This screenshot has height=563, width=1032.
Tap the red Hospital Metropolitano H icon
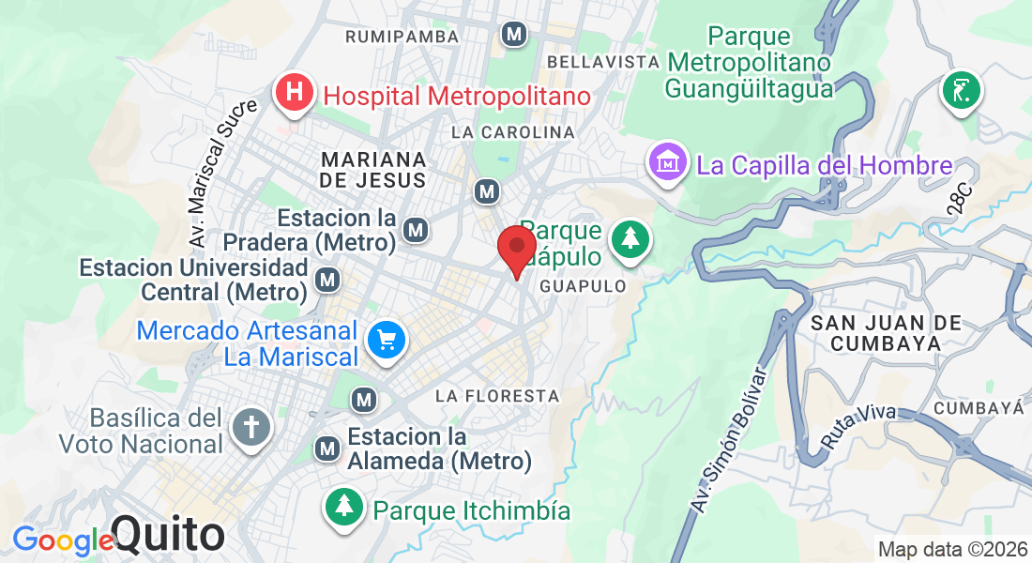tap(295, 95)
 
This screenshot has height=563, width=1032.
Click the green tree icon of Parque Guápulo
tap(630, 240)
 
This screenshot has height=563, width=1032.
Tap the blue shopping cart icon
tap(386, 342)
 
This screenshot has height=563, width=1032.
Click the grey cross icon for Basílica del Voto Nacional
tap(250, 428)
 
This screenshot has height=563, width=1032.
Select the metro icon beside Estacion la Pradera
tap(416, 230)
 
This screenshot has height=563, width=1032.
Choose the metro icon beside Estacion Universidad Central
tap(327, 280)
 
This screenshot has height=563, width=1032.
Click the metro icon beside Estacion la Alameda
tap(327, 449)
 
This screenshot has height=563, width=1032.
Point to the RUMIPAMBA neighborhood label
tap(402, 37)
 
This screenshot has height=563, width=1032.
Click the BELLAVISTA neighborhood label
tap(603, 61)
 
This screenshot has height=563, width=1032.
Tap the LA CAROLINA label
tap(512, 132)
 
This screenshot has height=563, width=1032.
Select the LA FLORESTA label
tap(497, 396)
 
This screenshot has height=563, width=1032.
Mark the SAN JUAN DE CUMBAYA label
tap(886, 333)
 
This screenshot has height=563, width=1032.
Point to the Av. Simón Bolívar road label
tap(729, 441)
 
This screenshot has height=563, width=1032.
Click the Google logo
tap(62, 540)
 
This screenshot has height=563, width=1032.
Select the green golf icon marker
tap(962, 91)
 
